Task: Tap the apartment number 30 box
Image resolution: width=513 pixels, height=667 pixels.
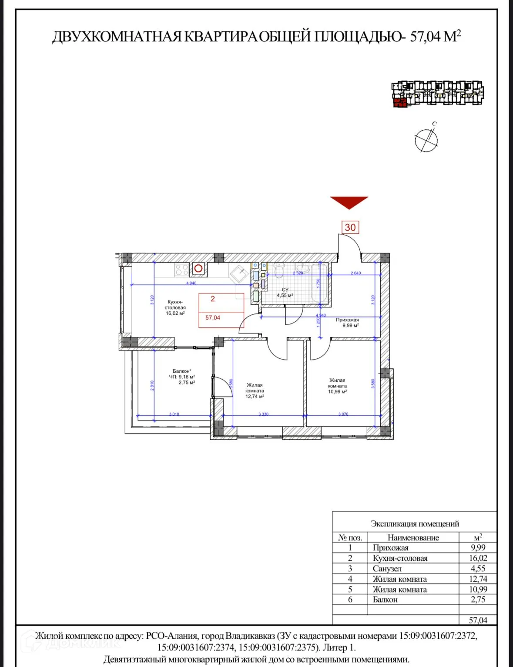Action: (x=350, y=227)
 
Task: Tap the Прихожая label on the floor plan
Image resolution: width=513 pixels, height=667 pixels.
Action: (x=347, y=322)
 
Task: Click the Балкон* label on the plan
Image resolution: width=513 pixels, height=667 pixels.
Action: (x=182, y=371)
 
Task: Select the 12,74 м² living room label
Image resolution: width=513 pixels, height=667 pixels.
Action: (x=255, y=391)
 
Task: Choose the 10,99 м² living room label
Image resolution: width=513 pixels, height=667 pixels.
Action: (x=337, y=386)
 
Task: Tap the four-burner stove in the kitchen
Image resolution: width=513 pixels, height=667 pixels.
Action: (x=181, y=270)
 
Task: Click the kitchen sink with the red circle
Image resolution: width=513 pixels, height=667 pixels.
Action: (x=199, y=269)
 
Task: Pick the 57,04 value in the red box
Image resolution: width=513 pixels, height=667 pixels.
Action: (x=213, y=318)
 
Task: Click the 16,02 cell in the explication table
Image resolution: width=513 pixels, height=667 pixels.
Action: (x=478, y=558)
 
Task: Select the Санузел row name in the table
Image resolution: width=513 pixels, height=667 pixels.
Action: (x=387, y=569)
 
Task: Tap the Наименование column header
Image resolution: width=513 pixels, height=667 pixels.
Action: (x=413, y=538)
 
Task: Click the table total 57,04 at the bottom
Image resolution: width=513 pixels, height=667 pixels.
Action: (x=478, y=620)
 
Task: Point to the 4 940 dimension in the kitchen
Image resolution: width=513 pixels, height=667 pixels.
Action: (x=191, y=283)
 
